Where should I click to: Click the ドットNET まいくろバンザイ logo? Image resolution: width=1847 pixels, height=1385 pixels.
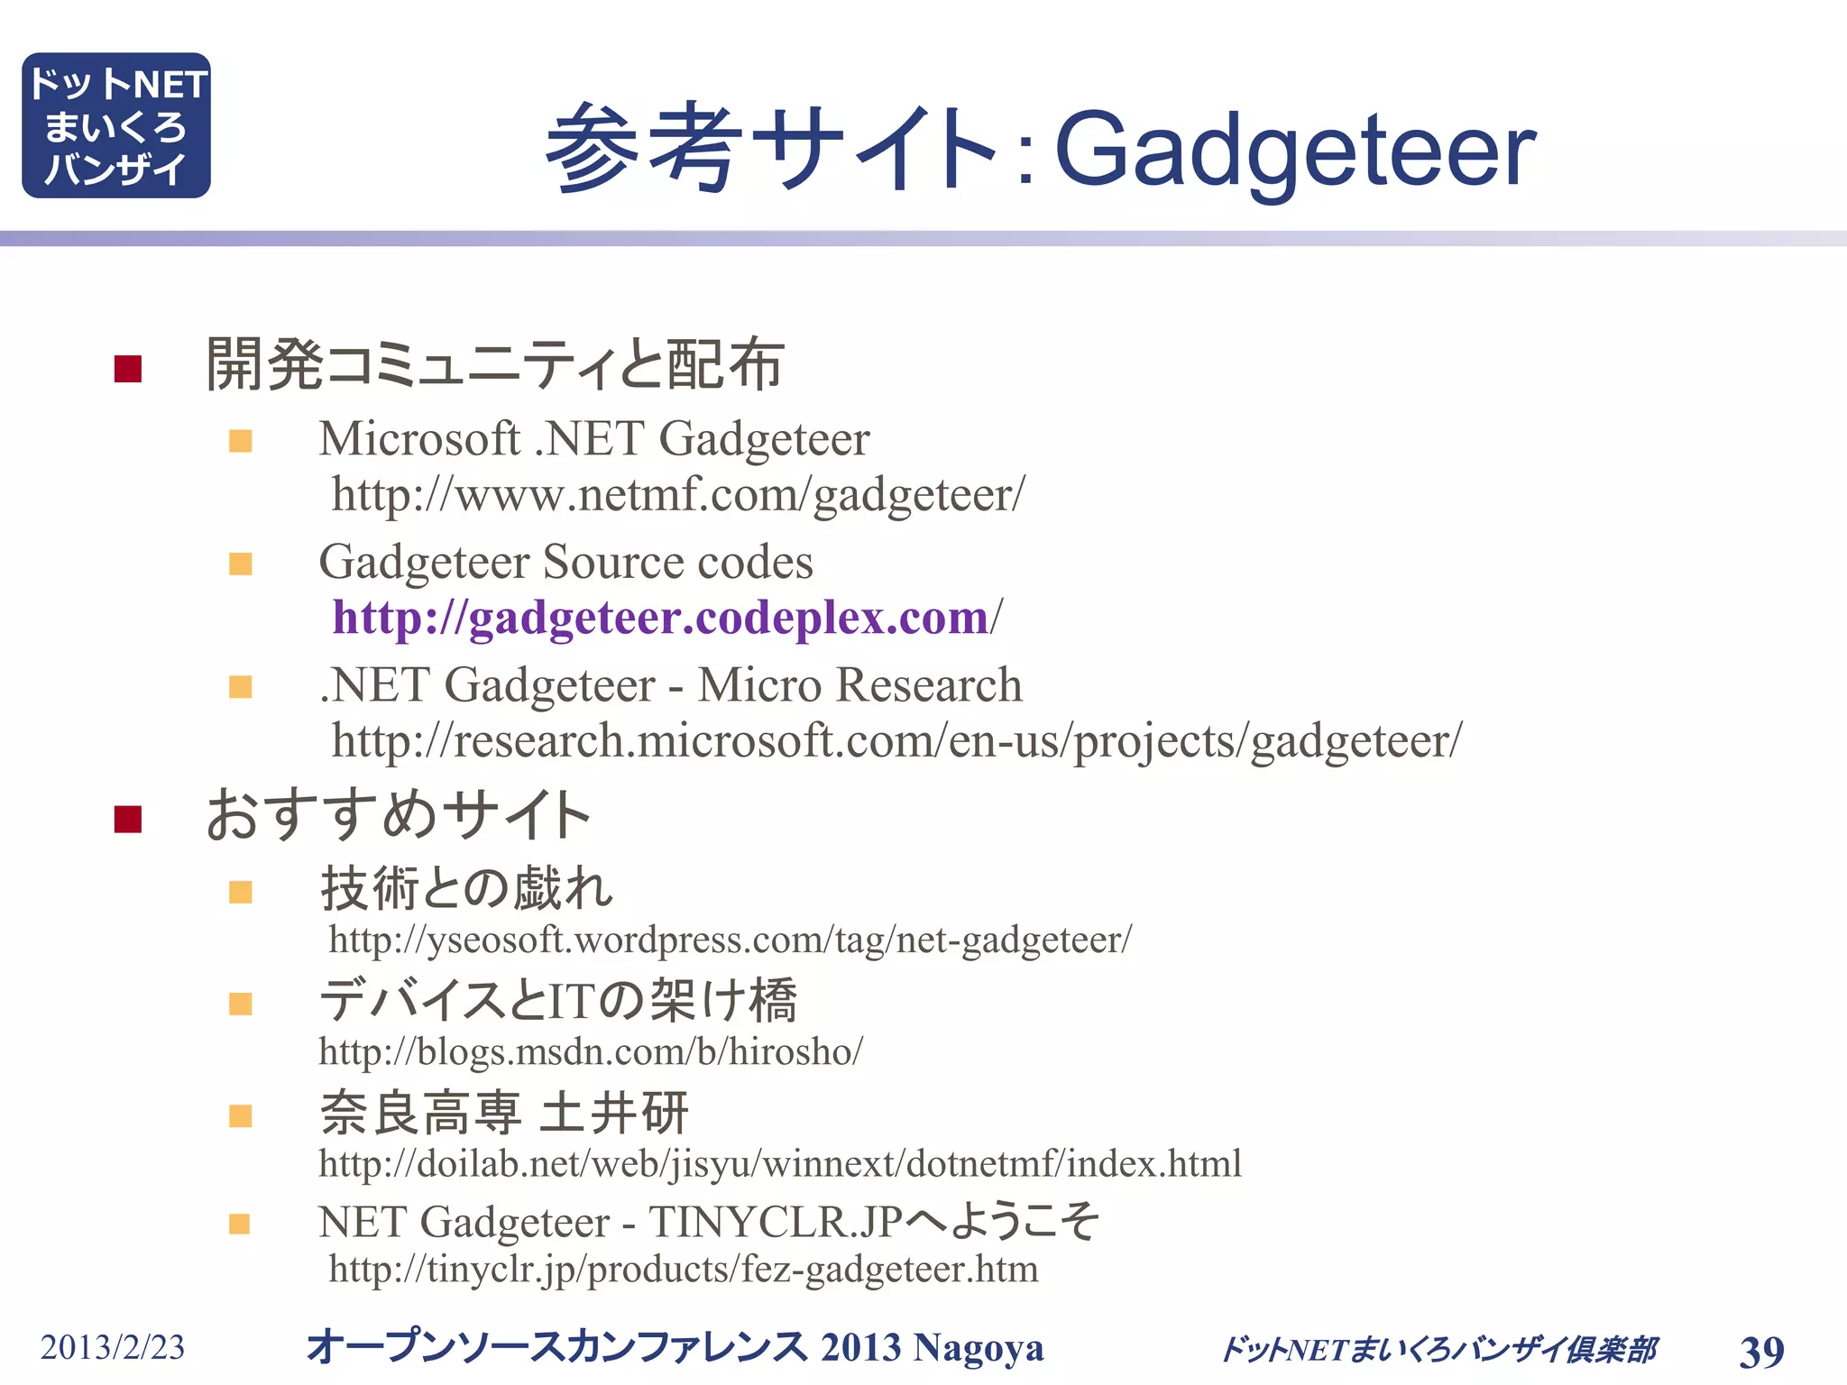116,125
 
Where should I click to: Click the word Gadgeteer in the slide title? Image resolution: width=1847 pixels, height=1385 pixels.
1294,149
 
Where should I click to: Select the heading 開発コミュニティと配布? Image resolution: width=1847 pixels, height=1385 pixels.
494,364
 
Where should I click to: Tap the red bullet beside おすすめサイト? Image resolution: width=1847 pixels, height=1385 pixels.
128,819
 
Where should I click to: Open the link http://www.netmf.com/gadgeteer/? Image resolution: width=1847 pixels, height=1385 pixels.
678,495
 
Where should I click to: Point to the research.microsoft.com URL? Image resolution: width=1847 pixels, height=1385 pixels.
896,741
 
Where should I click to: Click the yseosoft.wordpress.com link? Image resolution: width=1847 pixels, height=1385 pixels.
730,940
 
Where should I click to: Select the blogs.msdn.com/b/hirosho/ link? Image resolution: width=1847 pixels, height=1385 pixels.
591,1052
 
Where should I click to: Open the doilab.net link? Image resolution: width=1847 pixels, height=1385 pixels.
780,1164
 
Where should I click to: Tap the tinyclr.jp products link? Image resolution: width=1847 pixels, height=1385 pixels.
683,1270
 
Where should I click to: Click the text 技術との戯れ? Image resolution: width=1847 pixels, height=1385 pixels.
467,888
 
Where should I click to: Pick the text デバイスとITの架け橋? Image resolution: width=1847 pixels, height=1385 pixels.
558,1000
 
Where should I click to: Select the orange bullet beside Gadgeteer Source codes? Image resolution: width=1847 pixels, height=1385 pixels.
241,564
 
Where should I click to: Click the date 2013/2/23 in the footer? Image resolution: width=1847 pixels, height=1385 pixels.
112,1348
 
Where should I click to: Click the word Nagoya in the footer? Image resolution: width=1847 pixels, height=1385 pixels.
978,1348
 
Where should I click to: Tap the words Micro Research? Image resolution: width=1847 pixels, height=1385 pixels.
859,685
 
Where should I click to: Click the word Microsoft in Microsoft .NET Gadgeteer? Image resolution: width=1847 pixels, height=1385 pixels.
419,439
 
